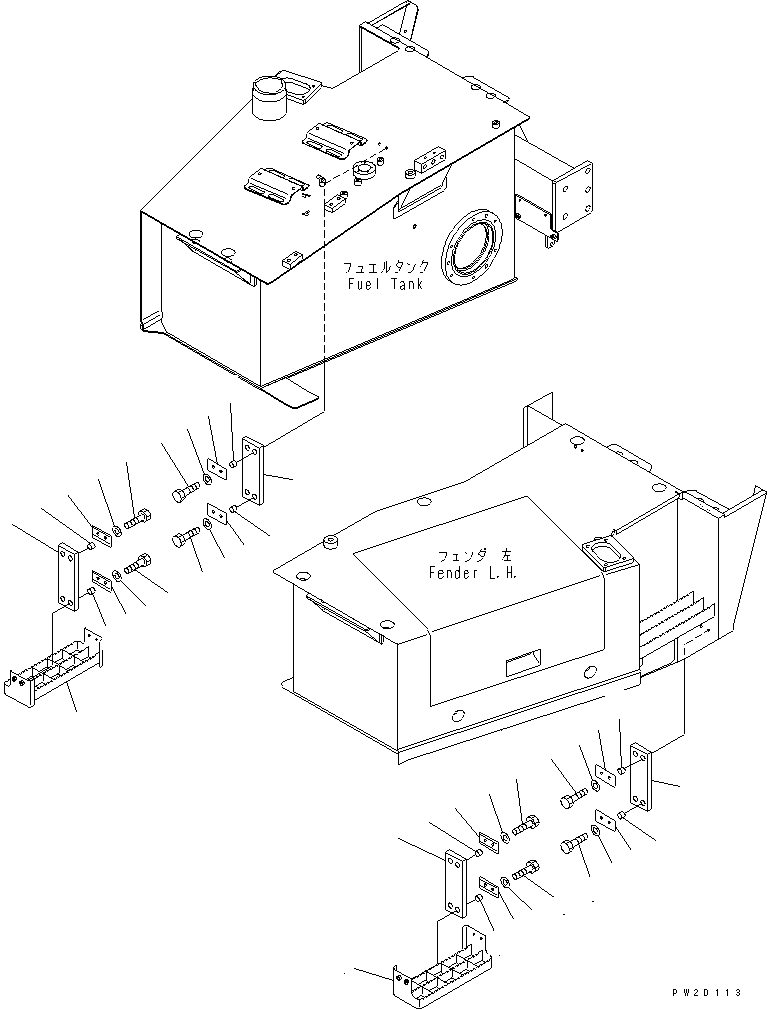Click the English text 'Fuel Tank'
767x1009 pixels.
pyautogui.click(x=385, y=284)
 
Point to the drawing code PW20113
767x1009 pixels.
pyautogui.click(x=708, y=992)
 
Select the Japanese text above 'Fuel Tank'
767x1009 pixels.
pyautogui.click(x=386, y=268)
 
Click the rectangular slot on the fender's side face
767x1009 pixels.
pyautogui.click(x=522, y=662)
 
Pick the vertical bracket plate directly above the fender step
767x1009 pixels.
pyautogui.click(x=455, y=881)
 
